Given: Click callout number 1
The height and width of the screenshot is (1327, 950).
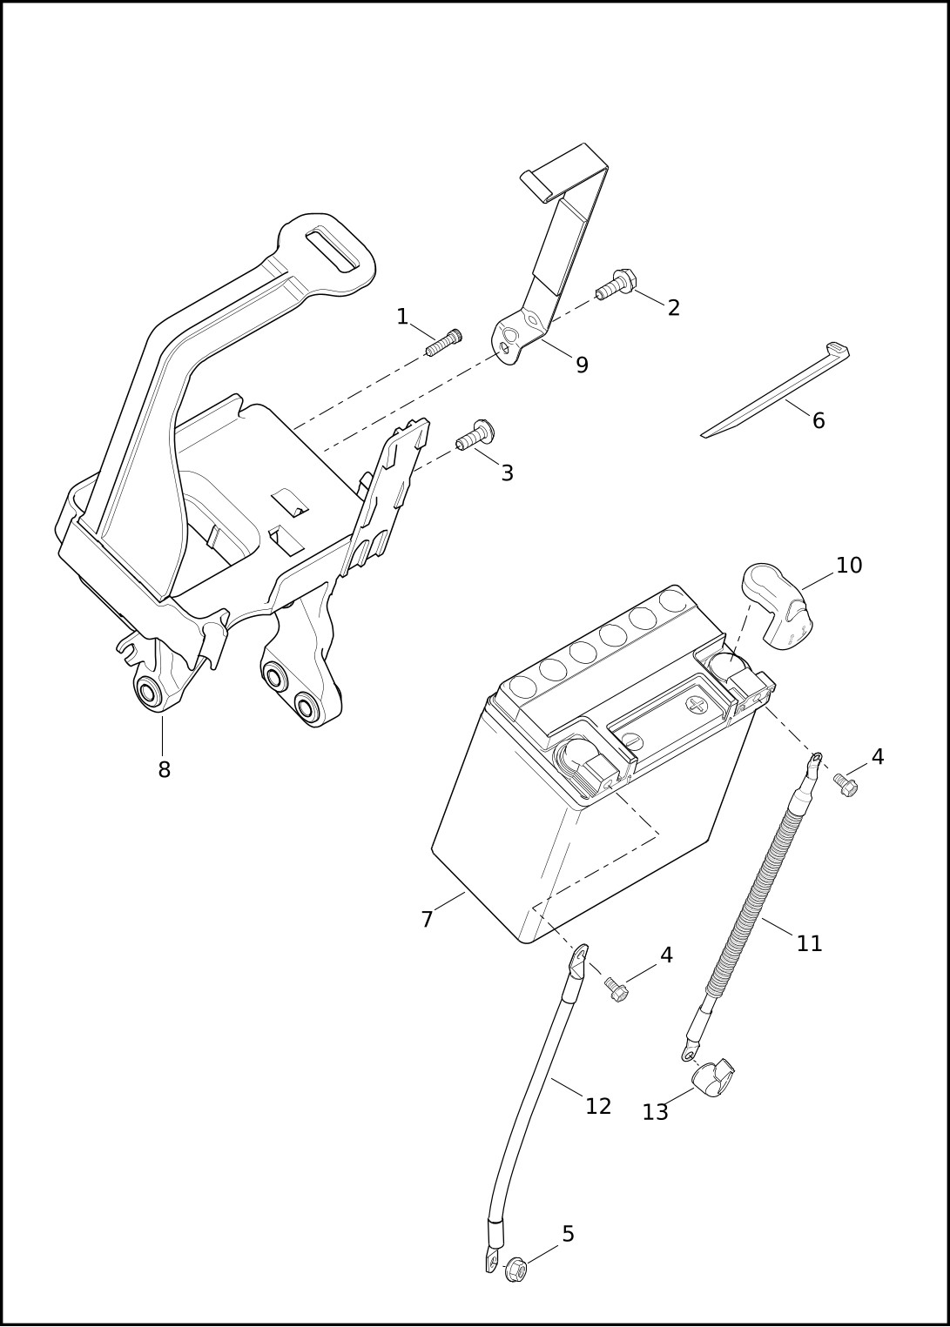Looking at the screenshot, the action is pyautogui.click(x=401, y=317).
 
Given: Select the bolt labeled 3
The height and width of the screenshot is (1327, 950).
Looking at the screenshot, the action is pyautogui.click(x=475, y=435).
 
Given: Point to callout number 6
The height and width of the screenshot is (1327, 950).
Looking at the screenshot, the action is pyautogui.click(x=819, y=420).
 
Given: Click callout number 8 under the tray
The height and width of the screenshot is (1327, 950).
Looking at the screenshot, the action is pyautogui.click(x=165, y=769).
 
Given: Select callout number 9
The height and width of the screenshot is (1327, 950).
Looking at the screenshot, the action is pyautogui.click(x=582, y=365).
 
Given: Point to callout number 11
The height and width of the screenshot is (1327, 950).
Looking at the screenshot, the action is pyautogui.click(x=810, y=943).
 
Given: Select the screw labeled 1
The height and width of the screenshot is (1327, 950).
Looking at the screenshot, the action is pyautogui.click(x=443, y=343).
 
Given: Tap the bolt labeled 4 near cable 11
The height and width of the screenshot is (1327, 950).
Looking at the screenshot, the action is pyautogui.click(x=846, y=784).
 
